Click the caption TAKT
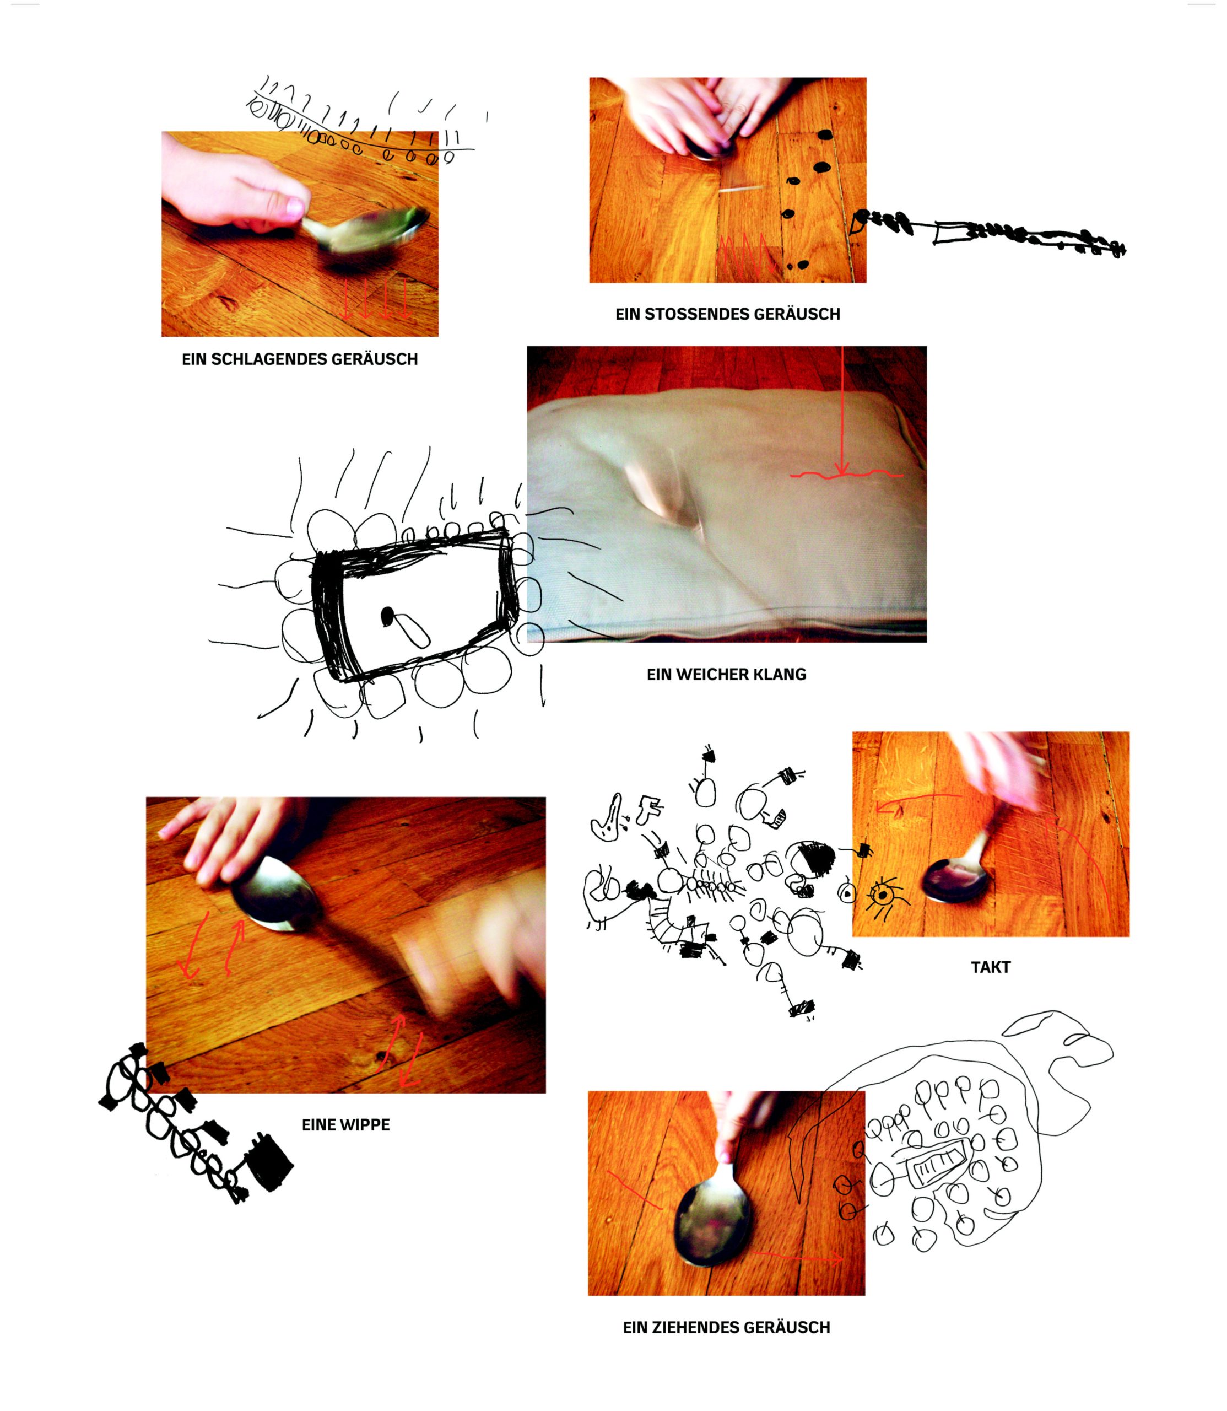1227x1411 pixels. [x=990, y=968]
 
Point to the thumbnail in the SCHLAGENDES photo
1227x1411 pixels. [x=295, y=208]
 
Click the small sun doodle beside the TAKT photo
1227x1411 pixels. [x=883, y=895]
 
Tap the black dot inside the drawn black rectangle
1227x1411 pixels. [x=387, y=615]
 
